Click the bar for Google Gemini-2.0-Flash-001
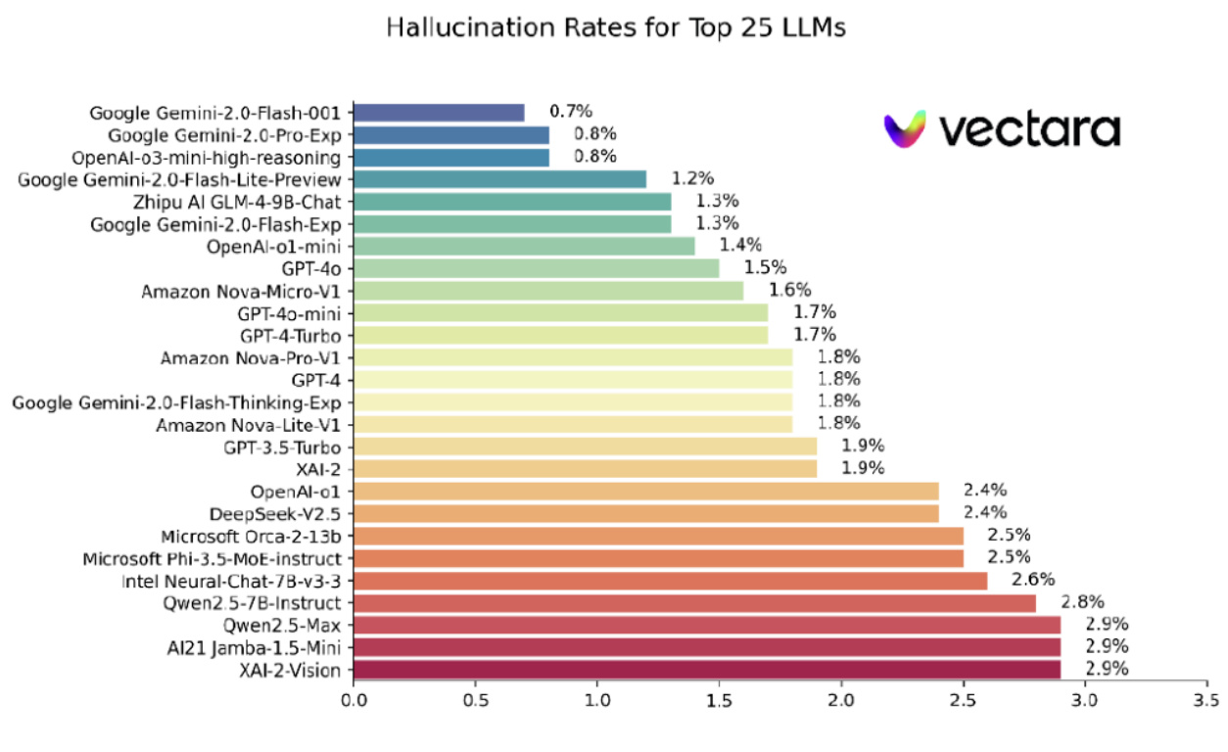point(439,113)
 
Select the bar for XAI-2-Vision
point(707,670)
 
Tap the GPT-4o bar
point(536,268)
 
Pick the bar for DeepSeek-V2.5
point(645,513)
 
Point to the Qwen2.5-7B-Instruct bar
point(694,602)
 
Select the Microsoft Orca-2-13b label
point(251,536)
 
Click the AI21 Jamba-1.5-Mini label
point(259,647)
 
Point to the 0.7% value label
point(570,113)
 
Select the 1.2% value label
point(692,179)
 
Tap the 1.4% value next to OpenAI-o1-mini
point(740,246)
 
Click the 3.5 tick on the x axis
point(1206,701)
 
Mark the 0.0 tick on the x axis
point(354,701)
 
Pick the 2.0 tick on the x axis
point(841,701)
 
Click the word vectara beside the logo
point(1028,130)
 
